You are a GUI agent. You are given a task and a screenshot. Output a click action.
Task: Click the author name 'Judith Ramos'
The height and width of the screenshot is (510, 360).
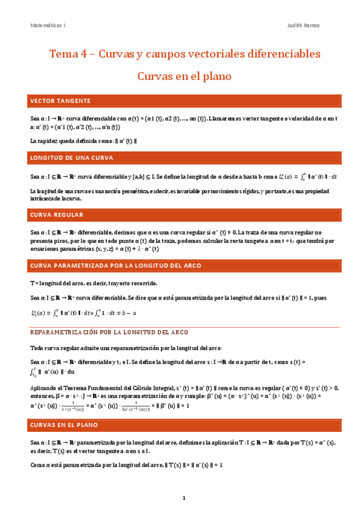coord(304,26)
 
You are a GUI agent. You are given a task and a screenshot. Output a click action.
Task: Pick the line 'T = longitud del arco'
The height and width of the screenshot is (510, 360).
coord(93,283)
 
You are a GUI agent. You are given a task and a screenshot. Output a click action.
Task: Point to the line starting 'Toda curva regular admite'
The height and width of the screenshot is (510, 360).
coord(126,348)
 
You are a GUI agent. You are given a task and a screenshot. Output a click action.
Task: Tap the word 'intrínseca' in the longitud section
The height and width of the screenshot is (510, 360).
coord(43,198)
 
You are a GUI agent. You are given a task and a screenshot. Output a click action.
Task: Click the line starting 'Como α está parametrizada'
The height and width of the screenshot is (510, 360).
coord(127,465)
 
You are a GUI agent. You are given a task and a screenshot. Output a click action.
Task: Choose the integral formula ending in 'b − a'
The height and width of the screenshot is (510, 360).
coord(84,312)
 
